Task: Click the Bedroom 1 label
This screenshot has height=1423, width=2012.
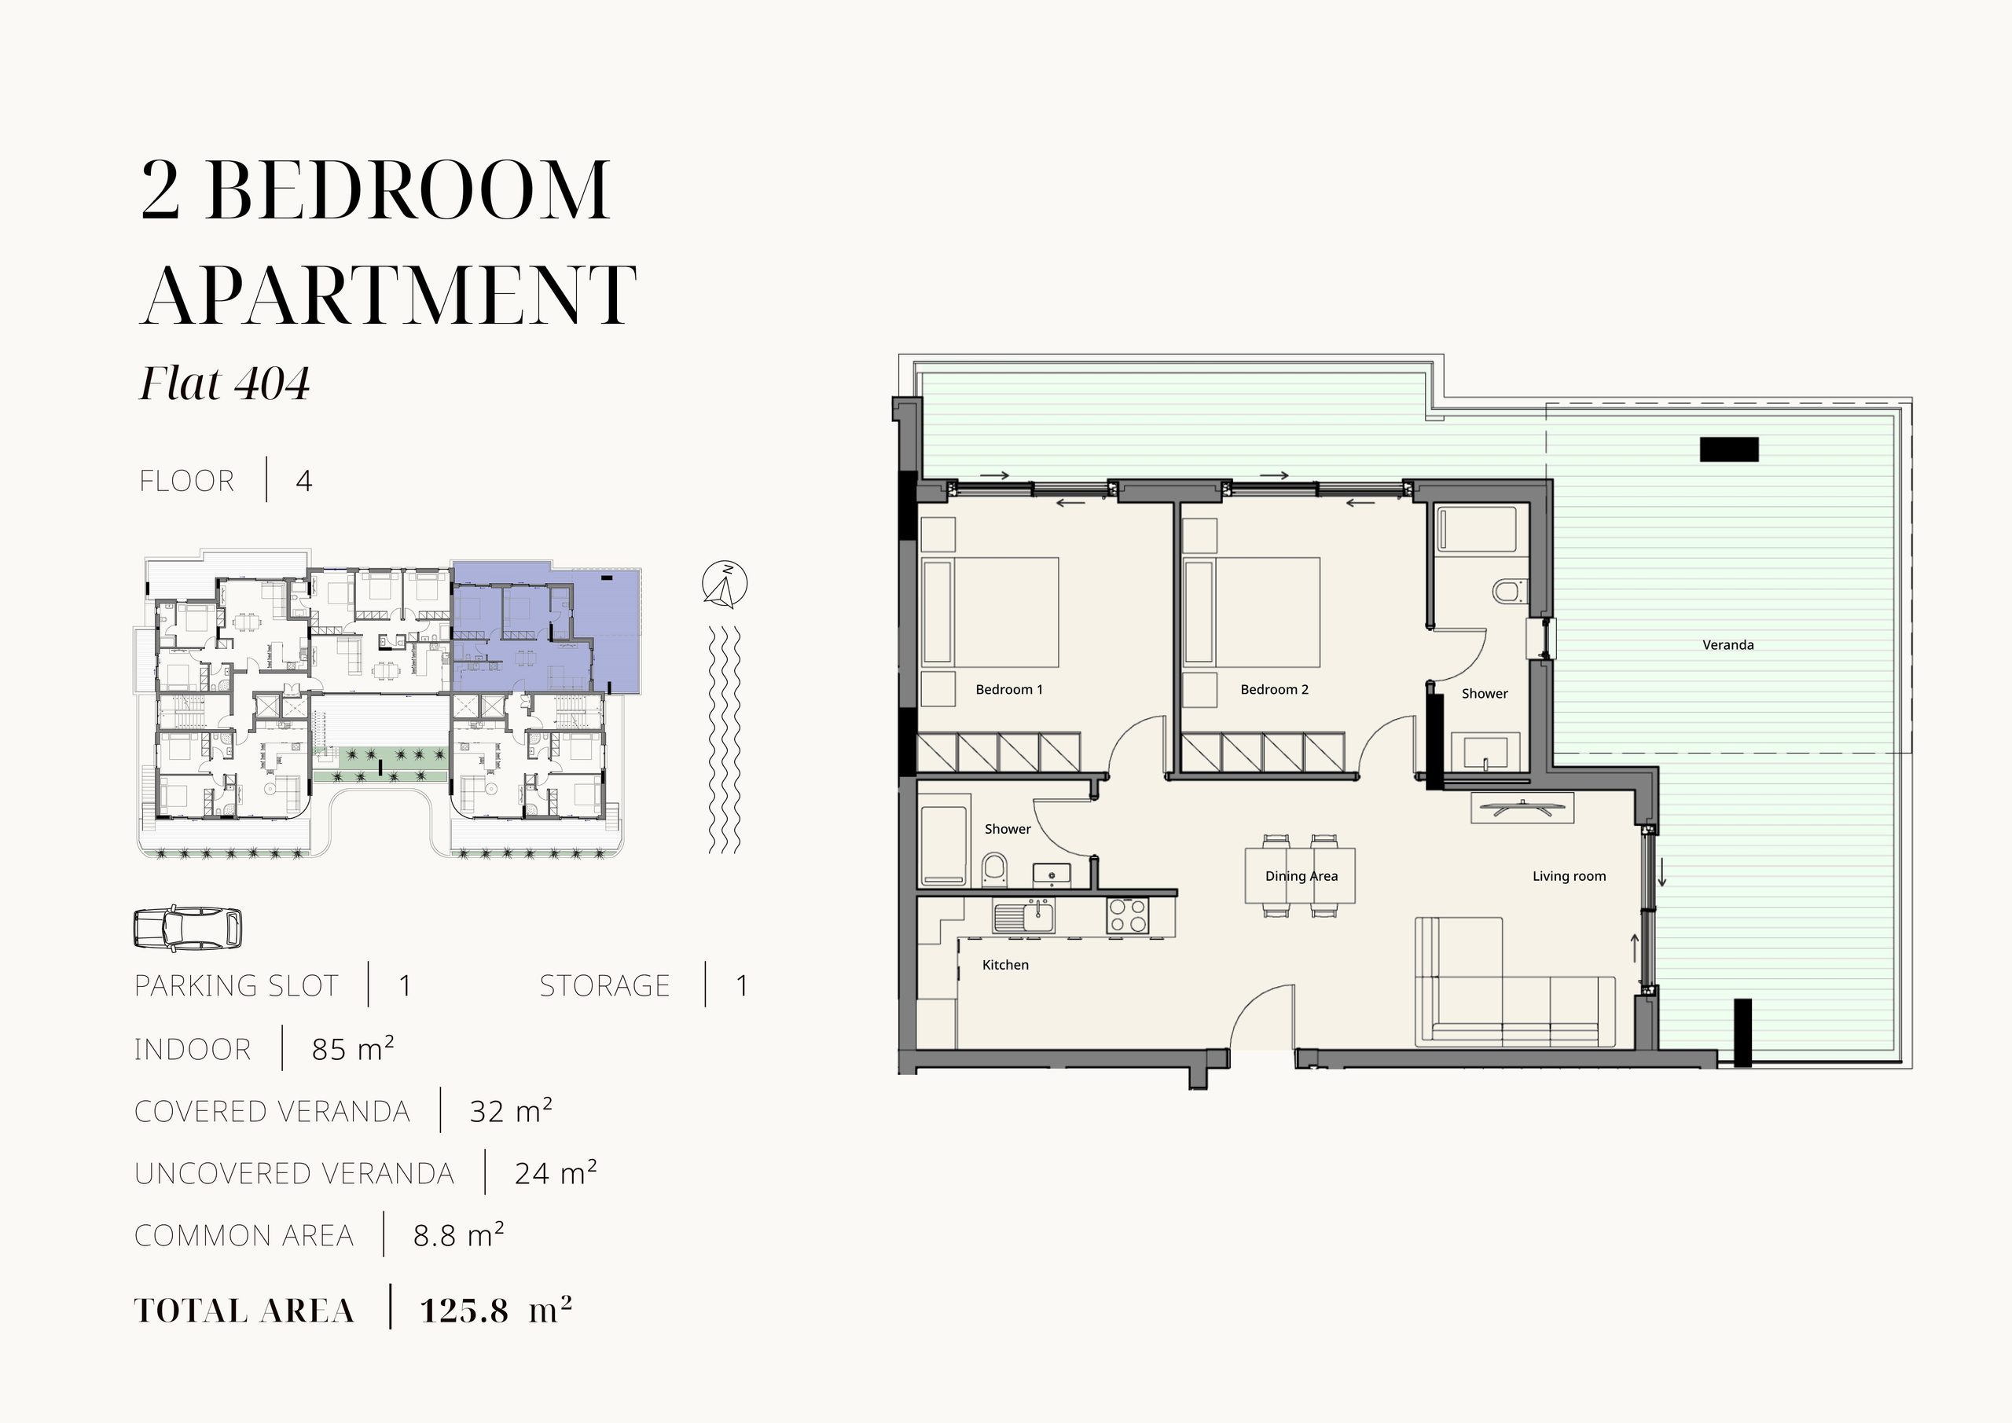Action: click(1008, 690)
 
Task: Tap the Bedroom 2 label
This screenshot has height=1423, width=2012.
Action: click(1274, 690)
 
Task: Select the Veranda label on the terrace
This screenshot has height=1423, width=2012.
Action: click(1728, 645)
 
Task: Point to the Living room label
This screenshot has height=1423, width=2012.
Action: click(1569, 876)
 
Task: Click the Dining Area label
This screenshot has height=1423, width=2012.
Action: click(1302, 876)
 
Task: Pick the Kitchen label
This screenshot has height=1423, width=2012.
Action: click(1005, 965)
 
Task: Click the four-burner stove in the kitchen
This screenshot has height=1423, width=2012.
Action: click(1127, 915)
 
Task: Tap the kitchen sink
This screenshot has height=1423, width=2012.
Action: click(1023, 916)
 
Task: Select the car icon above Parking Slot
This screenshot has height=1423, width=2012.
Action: click(188, 928)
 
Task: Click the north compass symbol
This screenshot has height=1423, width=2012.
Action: click(725, 584)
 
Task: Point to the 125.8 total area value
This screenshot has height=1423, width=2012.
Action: click(464, 1311)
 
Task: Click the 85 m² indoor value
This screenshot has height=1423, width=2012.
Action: click(352, 1049)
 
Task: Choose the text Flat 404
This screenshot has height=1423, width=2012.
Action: click(226, 383)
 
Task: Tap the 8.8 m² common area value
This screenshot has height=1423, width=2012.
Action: click(458, 1235)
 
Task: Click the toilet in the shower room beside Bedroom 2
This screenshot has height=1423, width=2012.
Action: click(1508, 591)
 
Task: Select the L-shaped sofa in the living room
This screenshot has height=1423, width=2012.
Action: click(1515, 982)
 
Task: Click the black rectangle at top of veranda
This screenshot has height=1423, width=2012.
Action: click(1729, 449)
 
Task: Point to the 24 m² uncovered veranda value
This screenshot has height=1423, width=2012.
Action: click(556, 1173)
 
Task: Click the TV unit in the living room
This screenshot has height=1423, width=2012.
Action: click(1522, 808)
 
